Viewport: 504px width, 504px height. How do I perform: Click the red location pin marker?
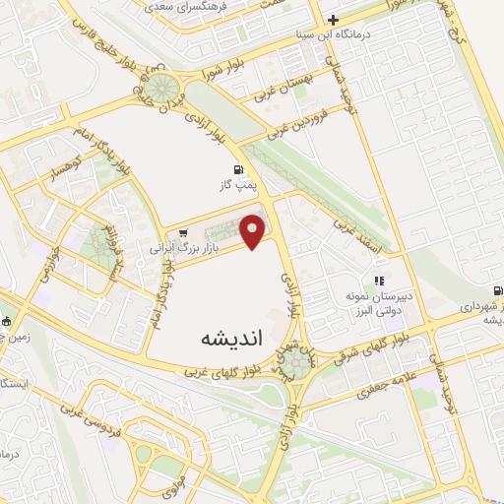point(254,229)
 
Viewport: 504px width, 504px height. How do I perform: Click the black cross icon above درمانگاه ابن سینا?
point(334,19)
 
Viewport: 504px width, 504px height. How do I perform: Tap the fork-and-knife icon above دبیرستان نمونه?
point(379,281)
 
